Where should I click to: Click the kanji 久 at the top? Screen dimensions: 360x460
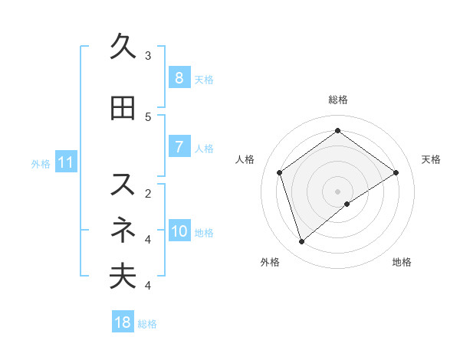coord(123,47)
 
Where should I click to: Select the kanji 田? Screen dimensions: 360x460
coord(123,109)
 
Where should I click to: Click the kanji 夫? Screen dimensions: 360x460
coord(123,277)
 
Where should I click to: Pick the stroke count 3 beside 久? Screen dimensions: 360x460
coord(148,55)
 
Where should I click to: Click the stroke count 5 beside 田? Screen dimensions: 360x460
coord(148,116)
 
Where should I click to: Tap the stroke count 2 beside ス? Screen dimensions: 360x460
coord(148,193)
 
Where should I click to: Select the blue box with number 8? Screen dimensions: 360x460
coord(179,78)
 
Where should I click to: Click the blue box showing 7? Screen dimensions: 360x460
coord(179,147)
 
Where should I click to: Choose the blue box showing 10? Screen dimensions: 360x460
coord(179,231)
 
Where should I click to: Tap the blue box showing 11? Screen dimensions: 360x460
coord(66,162)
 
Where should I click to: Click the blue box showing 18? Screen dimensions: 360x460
coord(123,322)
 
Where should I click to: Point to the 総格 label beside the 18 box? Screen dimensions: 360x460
coord(147,324)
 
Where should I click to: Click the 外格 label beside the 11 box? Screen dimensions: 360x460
coord(41,163)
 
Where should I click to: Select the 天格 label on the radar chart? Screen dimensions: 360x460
coord(432,159)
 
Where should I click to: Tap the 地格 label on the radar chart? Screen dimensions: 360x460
coord(402,262)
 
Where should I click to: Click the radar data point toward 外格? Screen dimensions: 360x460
coord(302,242)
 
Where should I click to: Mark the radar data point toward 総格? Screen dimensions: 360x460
coord(337,131)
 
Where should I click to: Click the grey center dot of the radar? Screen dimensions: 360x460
coord(337,190)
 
